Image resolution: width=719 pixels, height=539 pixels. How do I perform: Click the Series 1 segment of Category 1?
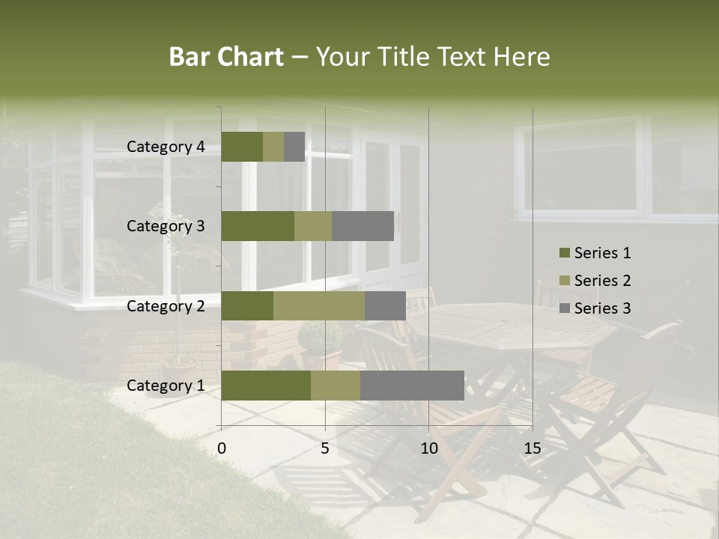(x=266, y=386)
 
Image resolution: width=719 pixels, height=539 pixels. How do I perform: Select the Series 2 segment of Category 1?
(x=336, y=386)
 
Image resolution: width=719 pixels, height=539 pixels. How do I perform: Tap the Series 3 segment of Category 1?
(x=412, y=386)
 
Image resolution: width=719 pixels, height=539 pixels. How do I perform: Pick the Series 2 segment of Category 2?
(x=319, y=305)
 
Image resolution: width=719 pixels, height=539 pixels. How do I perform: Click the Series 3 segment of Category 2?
(x=385, y=305)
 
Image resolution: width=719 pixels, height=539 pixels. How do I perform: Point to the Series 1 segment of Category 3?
(x=258, y=226)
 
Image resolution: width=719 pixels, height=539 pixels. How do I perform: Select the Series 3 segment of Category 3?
(x=362, y=226)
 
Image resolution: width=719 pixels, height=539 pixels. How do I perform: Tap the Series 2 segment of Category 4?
(x=273, y=147)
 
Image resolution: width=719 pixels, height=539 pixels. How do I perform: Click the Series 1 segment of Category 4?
(x=242, y=147)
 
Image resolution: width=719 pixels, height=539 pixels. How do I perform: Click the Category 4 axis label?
(x=166, y=147)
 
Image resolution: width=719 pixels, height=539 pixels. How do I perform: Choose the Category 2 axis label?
(x=166, y=305)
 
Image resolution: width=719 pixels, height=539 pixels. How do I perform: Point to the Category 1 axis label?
(x=166, y=386)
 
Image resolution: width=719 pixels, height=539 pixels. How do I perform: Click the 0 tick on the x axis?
(x=222, y=448)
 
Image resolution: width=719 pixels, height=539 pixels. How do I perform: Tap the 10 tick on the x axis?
(x=428, y=448)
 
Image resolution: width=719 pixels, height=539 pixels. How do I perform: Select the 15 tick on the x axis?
(x=532, y=448)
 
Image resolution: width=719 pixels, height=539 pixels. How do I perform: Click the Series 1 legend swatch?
(x=564, y=253)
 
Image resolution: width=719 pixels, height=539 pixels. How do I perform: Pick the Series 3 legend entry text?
(x=602, y=308)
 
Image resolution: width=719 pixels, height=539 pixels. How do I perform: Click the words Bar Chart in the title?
(x=226, y=57)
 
